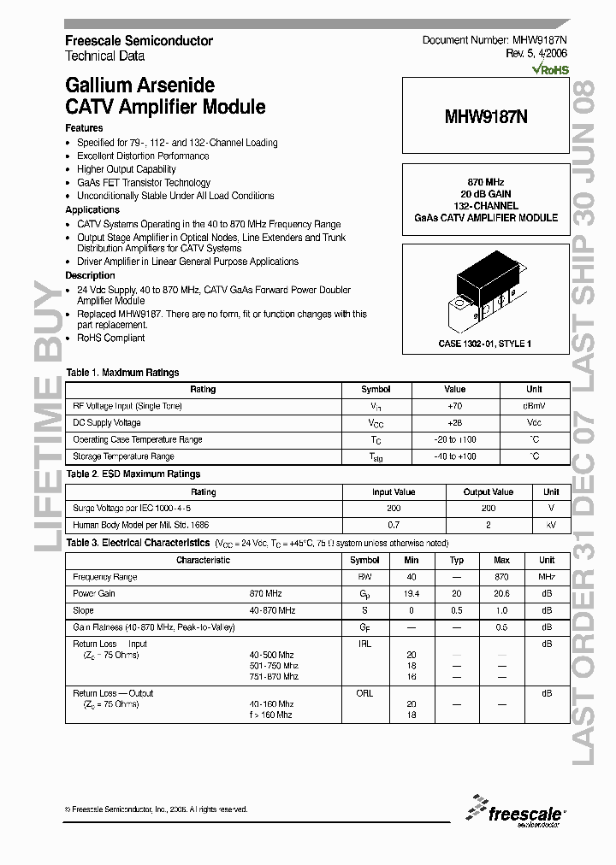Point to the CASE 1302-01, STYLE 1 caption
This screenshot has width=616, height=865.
(x=484, y=343)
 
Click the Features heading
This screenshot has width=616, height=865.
(x=84, y=128)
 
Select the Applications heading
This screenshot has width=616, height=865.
(x=92, y=209)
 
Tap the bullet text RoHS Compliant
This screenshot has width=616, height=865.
(x=111, y=338)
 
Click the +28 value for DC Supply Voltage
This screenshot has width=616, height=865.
(x=455, y=423)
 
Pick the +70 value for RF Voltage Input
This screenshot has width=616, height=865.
(x=455, y=406)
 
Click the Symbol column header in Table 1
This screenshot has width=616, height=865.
(x=376, y=390)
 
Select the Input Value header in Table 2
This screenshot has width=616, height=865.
(x=394, y=492)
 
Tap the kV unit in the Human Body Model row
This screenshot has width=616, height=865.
(x=551, y=525)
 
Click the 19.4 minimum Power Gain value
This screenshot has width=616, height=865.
(x=412, y=593)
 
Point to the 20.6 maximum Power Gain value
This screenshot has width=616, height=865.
(x=501, y=593)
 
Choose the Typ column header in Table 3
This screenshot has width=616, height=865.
(x=457, y=561)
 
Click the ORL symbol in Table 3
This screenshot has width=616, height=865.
(x=364, y=693)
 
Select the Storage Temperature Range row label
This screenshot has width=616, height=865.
(x=125, y=456)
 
